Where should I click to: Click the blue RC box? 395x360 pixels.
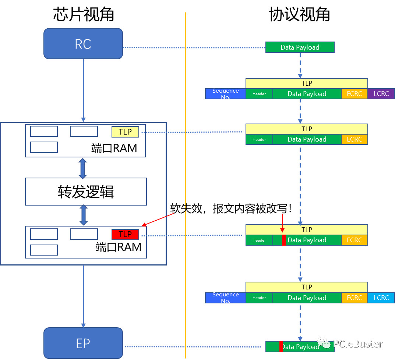(x=83, y=44)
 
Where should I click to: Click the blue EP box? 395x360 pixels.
(x=83, y=343)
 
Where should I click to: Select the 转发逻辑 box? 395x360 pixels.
(x=86, y=192)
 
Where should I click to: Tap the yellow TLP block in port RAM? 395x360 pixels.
(x=125, y=132)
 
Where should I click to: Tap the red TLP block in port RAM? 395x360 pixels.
(x=125, y=235)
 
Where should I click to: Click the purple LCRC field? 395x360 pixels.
(x=381, y=94)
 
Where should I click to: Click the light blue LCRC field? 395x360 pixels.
(x=381, y=298)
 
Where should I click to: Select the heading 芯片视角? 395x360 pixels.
(x=84, y=15)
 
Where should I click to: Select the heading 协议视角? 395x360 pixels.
(x=299, y=15)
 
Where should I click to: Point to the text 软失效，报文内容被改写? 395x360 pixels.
(x=231, y=209)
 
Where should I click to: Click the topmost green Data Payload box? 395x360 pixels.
(x=300, y=47)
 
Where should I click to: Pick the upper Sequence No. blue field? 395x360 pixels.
(x=225, y=94)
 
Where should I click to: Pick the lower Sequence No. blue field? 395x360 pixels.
(x=225, y=298)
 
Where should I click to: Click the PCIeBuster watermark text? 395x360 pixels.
(x=357, y=344)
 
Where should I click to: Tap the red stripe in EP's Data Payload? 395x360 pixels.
(x=281, y=347)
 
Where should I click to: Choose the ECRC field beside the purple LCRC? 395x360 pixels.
(x=354, y=94)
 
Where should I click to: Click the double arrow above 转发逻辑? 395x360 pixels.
(x=83, y=168)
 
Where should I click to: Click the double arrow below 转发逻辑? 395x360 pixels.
(x=84, y=215)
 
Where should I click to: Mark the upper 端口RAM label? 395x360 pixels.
(x=114, y=148)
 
